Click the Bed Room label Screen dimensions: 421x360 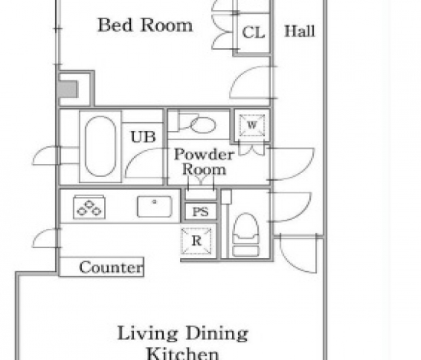pos(145,25)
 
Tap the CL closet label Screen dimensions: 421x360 pos(253,32)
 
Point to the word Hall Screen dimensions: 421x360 pos(299,31)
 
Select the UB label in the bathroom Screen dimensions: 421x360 pos(143,136)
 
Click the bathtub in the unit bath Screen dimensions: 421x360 pos(100,146)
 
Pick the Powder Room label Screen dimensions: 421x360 pos(204,162)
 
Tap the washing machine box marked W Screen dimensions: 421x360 pos(252,125)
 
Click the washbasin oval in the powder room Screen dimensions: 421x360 pos(203,125)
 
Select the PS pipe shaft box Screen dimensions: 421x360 pos(201,211)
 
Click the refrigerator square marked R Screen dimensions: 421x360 pos(196,241)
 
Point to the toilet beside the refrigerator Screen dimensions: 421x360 pos(246,234)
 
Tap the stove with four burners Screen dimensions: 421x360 pos(89,207)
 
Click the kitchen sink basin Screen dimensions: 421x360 pos(155,206)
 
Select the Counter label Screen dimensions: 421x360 pos(111,267)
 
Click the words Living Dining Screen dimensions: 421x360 pos(183,333)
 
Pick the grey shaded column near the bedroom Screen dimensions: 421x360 pos(67,89)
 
